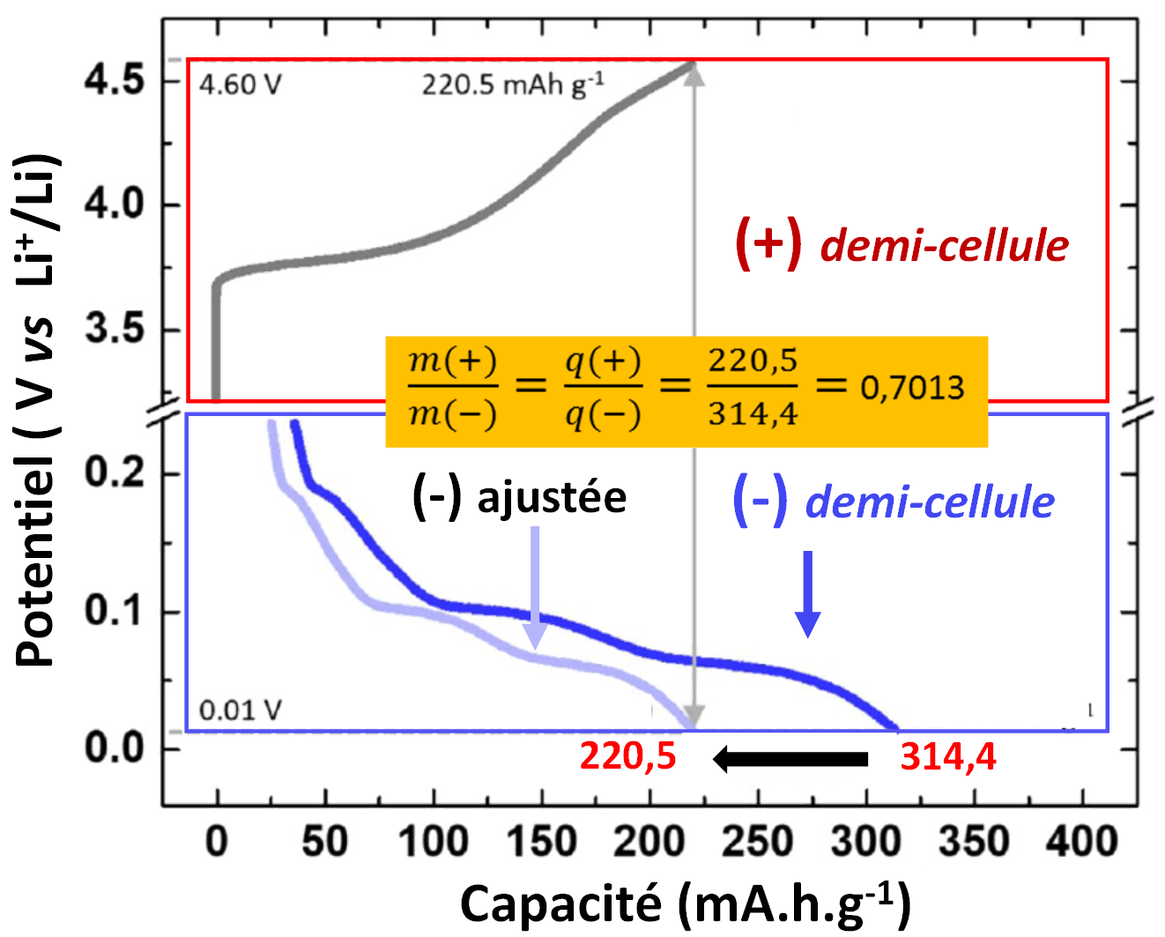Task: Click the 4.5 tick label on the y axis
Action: tap(114, 80)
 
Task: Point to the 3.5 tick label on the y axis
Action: tap(114, 330)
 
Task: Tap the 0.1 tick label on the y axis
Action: tap(114, 611)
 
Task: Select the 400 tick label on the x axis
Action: tap(1081, 842)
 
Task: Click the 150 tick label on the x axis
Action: tap(541, 842)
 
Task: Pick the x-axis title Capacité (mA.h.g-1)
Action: tap(685, 904)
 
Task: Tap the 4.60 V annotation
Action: tap(240, 86)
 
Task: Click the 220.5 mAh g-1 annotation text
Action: tap(512, 85)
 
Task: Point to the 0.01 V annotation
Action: tap(240, 710)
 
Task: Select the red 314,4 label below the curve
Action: tap(948, 757)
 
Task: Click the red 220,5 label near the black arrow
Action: tap(627, 757)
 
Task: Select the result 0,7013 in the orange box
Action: tap(912, 389)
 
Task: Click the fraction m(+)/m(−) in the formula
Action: tap(453, 389)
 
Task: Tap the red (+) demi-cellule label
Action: tap(902, 244)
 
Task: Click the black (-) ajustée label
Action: tap(519, 498)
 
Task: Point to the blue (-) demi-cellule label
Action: tap(894, 502)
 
